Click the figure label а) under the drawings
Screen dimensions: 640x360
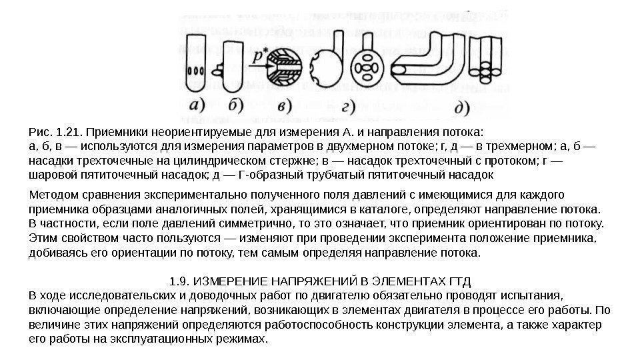tap(198, 105)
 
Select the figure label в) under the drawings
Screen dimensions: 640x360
tap(283, 105)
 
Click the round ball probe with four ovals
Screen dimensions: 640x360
tap(367, 66)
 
